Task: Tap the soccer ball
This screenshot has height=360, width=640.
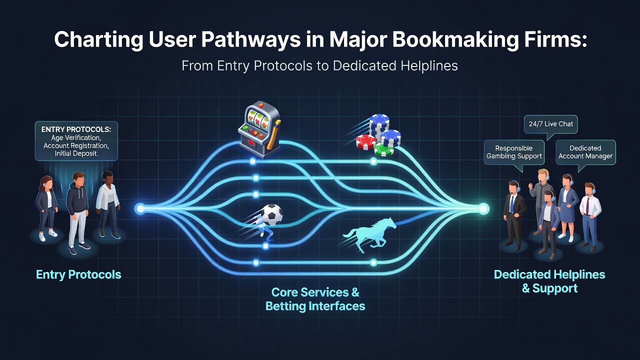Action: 271,214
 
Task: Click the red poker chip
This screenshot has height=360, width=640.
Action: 366,142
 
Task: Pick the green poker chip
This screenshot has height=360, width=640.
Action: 384,149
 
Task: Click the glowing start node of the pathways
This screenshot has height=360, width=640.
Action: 140,209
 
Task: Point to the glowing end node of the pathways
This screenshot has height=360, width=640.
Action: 483,209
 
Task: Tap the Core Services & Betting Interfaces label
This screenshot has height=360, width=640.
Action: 315,299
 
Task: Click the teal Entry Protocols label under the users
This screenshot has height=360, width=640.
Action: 78,274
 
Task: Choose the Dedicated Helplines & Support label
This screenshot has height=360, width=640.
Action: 549,281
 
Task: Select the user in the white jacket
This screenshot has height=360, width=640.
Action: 107,204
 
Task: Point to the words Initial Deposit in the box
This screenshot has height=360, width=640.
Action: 76,153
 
